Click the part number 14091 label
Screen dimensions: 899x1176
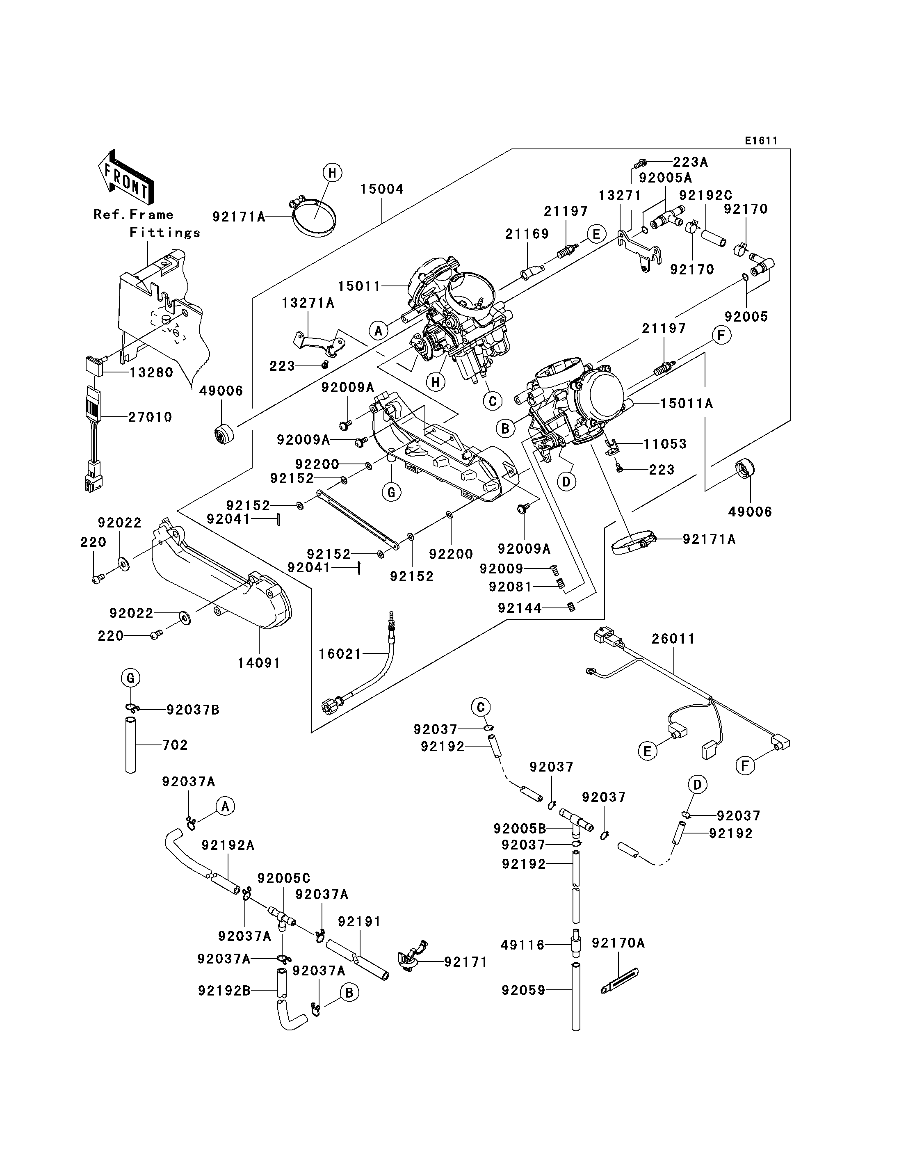(259, 663)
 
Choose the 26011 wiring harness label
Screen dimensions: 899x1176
(673, 639)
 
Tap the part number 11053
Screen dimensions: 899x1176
(665, 444)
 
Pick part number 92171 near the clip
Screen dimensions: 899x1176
(466, 962)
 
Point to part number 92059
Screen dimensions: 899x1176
(523, 990)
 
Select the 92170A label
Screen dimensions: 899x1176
(618, 943)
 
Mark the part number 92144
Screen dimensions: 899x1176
(520, 607)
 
